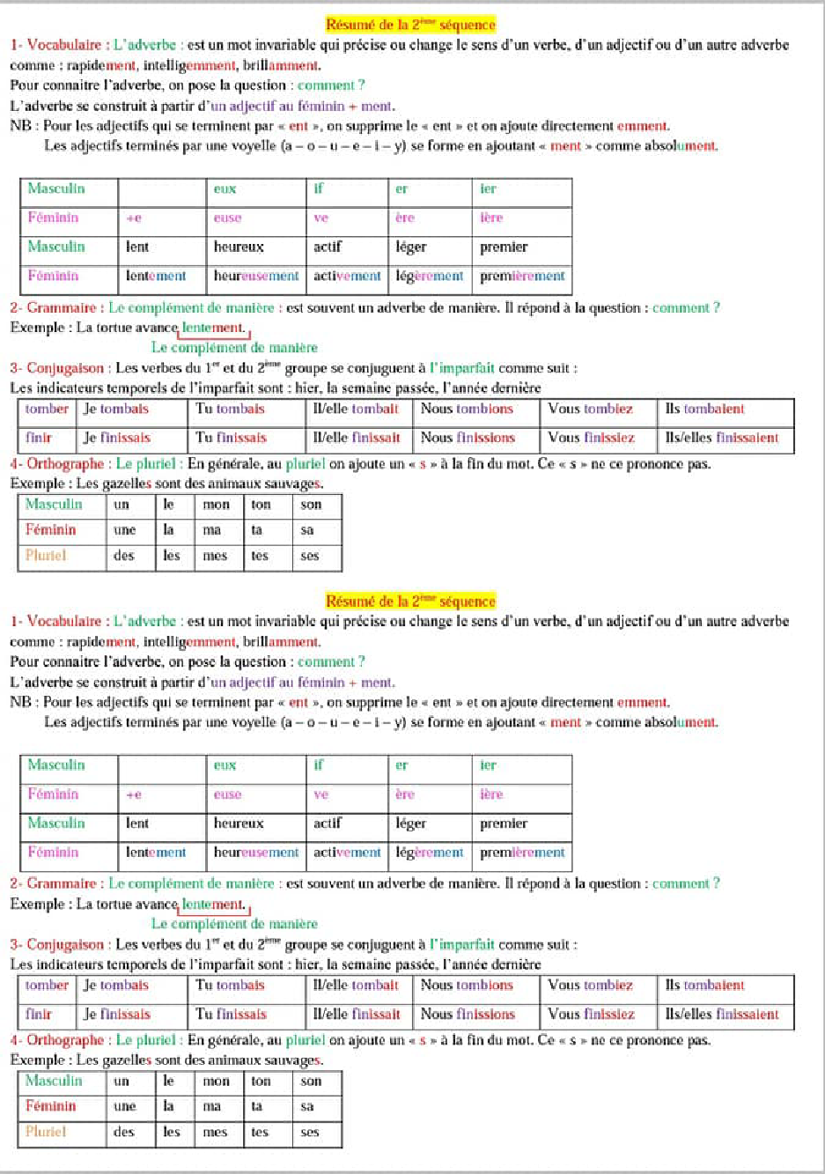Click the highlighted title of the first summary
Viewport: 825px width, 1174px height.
point(410,25)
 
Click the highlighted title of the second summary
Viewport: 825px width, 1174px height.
point(410,602)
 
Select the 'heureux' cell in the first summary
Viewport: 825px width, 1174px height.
point(239,247)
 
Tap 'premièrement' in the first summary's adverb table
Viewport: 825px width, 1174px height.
point(522,277)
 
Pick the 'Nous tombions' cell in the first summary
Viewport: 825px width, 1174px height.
point(467,410)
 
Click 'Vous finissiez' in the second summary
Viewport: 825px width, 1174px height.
point(591,1015)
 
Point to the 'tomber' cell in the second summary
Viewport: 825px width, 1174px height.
point(47,986)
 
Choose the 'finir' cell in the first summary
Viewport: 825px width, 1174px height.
point(39,438)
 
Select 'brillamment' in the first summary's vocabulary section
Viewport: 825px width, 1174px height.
point(281,65)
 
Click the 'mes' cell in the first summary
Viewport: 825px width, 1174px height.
point(216,556)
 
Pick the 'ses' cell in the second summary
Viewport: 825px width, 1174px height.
point(310,1133)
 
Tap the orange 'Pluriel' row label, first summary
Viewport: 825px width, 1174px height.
point(46,556)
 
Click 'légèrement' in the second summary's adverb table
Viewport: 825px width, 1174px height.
point(429,853)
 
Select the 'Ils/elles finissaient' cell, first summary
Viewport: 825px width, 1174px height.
point(722,438)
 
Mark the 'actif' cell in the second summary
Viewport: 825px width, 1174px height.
point(328,823)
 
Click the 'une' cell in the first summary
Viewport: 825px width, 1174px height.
point(125,530)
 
